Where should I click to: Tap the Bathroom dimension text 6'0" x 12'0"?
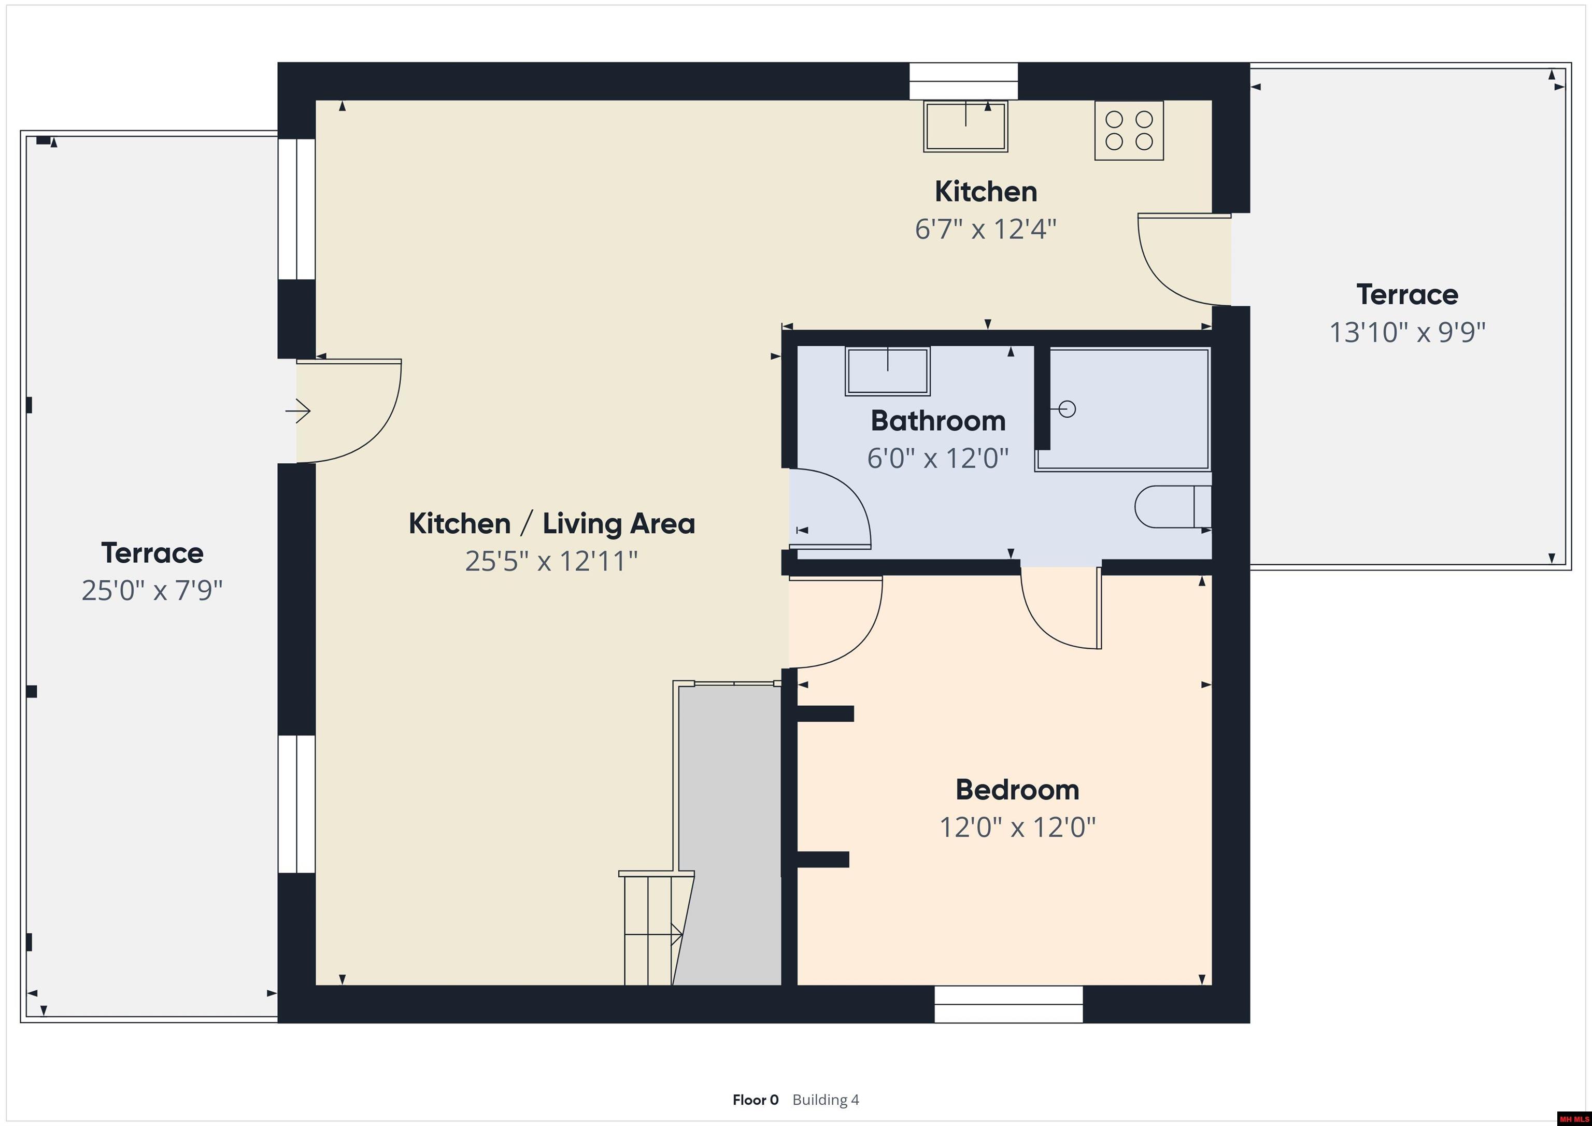[x=937, y=458]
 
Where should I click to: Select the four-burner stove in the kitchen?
[x=1129, y=131]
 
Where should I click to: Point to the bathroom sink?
[x=888, y=371]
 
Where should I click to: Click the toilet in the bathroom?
[x=1173, y=507]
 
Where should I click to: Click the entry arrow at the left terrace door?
[x=298, y=411]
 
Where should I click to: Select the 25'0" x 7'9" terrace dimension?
[x=152, y=591]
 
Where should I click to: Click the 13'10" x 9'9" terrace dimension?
[x=1407, y=332]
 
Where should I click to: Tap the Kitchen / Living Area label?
[x=551, y=523]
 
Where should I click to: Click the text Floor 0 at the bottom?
[x=755, y=1100]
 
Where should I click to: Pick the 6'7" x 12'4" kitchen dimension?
[x=985, y=229]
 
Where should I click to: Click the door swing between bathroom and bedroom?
[x=1061, y=608]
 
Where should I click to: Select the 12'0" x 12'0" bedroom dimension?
[x=1017, y=827]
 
